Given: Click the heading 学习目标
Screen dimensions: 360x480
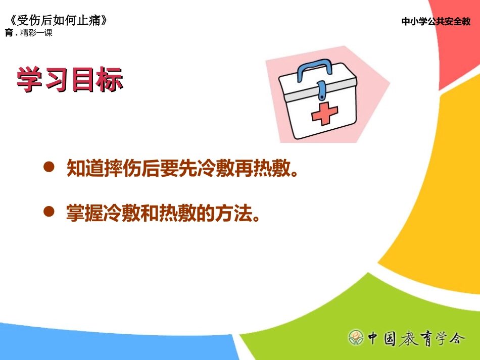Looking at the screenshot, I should pyautogui.click(x=70, y=79).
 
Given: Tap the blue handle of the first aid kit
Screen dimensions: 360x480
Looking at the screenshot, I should pyautogui.click(x=314, y=68).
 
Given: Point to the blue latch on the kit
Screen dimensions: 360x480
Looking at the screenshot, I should pyautogui.click(x=321, y=90).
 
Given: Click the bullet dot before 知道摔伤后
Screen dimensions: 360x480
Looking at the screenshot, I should pyautogui.click(x=49, y=168).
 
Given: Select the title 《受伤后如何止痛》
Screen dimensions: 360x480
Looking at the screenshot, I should pyautogui.click(x=58, y=21).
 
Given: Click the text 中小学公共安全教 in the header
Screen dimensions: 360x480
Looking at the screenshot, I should pyautogui.click(x=436, y=22).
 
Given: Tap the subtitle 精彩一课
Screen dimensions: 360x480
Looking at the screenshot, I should pyautogui.click(x=36, y=33).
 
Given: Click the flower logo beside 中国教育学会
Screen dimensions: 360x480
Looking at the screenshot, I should pyautogui.click(x=356, y=337).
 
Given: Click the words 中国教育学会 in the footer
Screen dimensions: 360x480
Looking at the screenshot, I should pyautogui.click(x=414, y=337).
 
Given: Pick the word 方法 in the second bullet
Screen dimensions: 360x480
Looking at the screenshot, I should pyautogui.click(x=234, y=214).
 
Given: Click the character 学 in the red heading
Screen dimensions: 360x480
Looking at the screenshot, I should pyautogui.click(x=29, y=79).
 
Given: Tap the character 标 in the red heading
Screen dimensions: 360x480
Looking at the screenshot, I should pyautogui.click(x=110, y=79).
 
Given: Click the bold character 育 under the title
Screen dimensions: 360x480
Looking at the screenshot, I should pyautogui.click(x=9, y=33).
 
